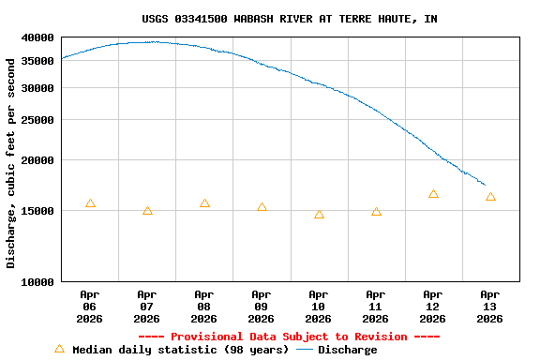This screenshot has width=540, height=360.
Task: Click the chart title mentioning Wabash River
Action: click(289, 19)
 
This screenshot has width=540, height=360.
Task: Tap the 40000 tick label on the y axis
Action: click(38, 37)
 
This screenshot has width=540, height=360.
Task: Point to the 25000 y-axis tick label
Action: click(38, 120)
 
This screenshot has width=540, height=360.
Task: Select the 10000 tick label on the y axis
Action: click(38, 281)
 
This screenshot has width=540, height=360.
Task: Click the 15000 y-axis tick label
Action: click(38, 211)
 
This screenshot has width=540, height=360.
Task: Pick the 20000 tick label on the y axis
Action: click(38, 160)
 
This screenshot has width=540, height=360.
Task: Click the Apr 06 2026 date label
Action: click(90, 307)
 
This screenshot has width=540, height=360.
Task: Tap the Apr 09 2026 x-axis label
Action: click(262, 307)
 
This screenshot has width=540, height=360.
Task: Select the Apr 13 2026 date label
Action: click(490, 307)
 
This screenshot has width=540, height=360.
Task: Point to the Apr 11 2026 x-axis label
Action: click(376, 307)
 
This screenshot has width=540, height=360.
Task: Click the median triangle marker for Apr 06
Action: click(90, 203)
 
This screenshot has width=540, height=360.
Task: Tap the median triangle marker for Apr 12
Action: click(433, 194)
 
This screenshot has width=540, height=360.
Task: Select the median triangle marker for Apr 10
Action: click(319, 215)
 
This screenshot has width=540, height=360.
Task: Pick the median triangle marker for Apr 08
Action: click(204, 203)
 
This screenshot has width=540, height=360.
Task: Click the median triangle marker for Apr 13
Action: click(490, 197)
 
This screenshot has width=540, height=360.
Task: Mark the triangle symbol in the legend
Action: click(59, 349)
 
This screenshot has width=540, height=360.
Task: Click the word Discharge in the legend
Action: click(347, 350)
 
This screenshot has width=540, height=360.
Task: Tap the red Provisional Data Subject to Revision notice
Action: click(289, 337)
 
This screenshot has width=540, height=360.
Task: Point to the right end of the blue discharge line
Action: click(485, 185)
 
